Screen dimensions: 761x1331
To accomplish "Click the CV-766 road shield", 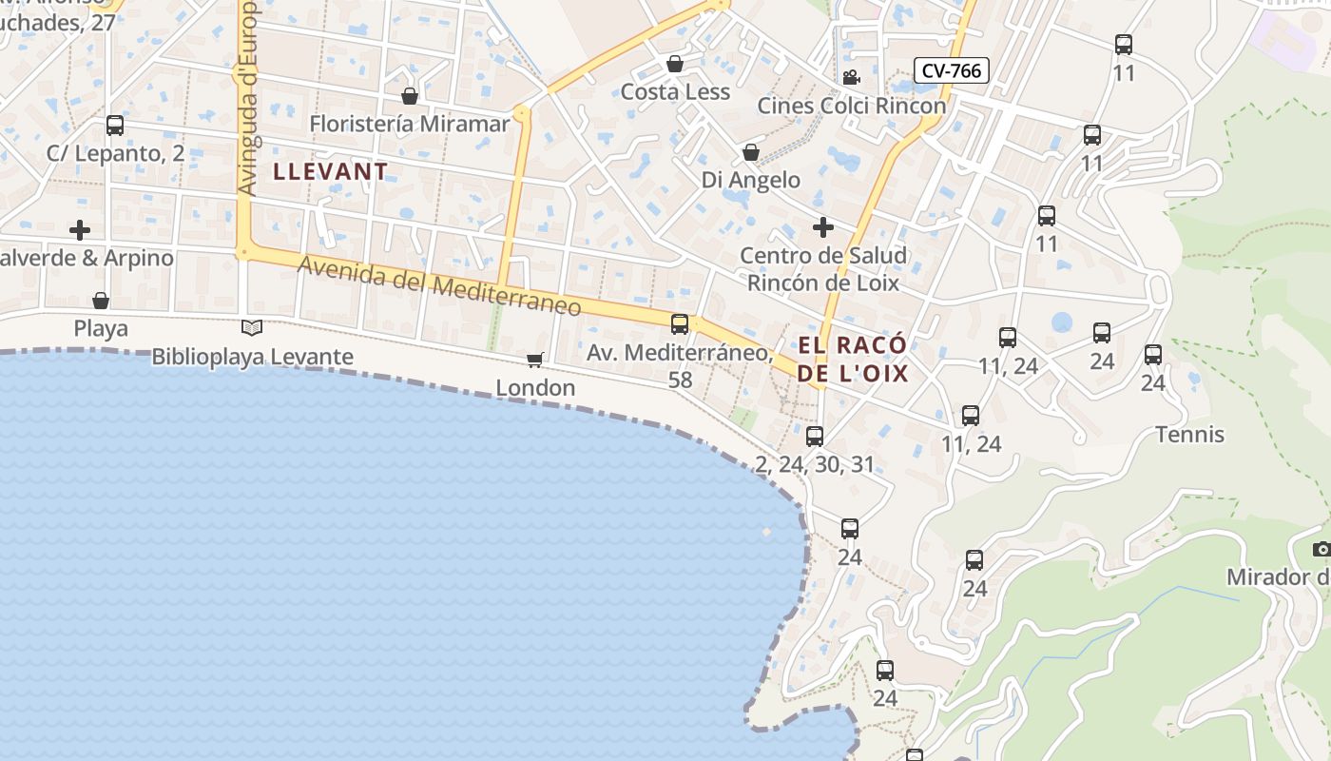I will click(952, 70).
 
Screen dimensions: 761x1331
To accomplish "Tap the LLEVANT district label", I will click(331, 172).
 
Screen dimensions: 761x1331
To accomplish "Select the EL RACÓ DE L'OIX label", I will click(853, 359).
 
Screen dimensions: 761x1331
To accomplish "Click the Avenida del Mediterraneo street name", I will click(439, 286).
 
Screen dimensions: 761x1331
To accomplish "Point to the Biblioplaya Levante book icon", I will click(252, 328).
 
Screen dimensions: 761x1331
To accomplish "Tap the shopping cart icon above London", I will click(535, 360).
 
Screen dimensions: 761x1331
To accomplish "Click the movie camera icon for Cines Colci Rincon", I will click(851, 77).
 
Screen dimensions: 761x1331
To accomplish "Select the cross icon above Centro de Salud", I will click(823, 227).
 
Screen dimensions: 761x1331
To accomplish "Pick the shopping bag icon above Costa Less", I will click(675, 64).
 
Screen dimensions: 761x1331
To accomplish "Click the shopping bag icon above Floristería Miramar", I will click(410, 96).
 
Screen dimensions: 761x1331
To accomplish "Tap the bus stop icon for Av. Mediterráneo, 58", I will click(680, 324).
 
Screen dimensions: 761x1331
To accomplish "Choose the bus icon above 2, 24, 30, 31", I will click(815, 437).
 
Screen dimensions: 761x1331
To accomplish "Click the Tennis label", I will click(1189, 435).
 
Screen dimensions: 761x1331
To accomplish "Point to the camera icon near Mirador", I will click(1321, 549).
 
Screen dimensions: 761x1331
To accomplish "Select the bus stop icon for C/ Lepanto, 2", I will click(115, 125).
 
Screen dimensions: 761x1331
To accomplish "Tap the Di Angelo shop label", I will click(751, 180).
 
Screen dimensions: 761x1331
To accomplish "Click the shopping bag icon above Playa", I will click(101, 301).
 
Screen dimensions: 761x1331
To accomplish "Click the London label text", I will click(535, 388).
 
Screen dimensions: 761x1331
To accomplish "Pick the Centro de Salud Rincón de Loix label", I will click(823, 269).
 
